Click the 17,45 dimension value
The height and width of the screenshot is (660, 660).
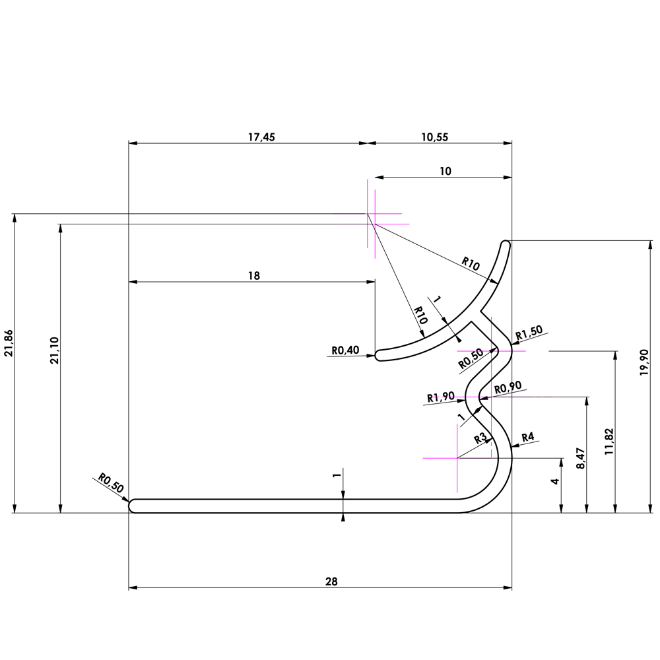point(261,137)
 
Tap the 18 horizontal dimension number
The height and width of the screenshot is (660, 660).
point(253,276)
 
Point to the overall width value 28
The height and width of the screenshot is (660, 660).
point(331,581)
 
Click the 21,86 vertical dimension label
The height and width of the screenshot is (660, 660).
point(9,344)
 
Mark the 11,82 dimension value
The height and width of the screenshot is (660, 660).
point(609,442)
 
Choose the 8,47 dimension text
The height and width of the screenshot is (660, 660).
point(580,459)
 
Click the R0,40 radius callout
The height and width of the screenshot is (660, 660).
point(345,350)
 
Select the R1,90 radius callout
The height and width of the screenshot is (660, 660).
point(440,397)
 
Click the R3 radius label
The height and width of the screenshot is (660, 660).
point(481,438)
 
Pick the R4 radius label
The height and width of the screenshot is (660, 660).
point(528,437)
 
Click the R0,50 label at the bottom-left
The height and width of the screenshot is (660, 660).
point(111,483)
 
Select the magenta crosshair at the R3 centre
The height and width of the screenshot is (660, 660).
point(457,457)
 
